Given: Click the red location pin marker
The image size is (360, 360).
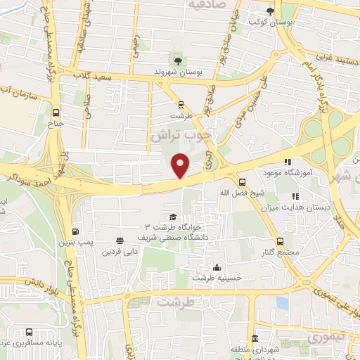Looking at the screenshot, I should (181, 165).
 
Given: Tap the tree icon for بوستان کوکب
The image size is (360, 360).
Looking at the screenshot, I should (271, 11).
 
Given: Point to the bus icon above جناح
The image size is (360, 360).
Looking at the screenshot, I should (56, 112).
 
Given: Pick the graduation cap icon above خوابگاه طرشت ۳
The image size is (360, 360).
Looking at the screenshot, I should (173, 217).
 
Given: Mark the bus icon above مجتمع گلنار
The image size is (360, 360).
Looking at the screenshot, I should (280, 242).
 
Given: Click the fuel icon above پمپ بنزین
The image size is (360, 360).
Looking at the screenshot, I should (75, 232).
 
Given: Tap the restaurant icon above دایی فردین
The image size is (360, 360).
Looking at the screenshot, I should (120, 240).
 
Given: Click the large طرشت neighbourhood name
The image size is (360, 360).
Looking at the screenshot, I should (175, 302).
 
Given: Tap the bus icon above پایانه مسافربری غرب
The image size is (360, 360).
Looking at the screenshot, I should (28, 333).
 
